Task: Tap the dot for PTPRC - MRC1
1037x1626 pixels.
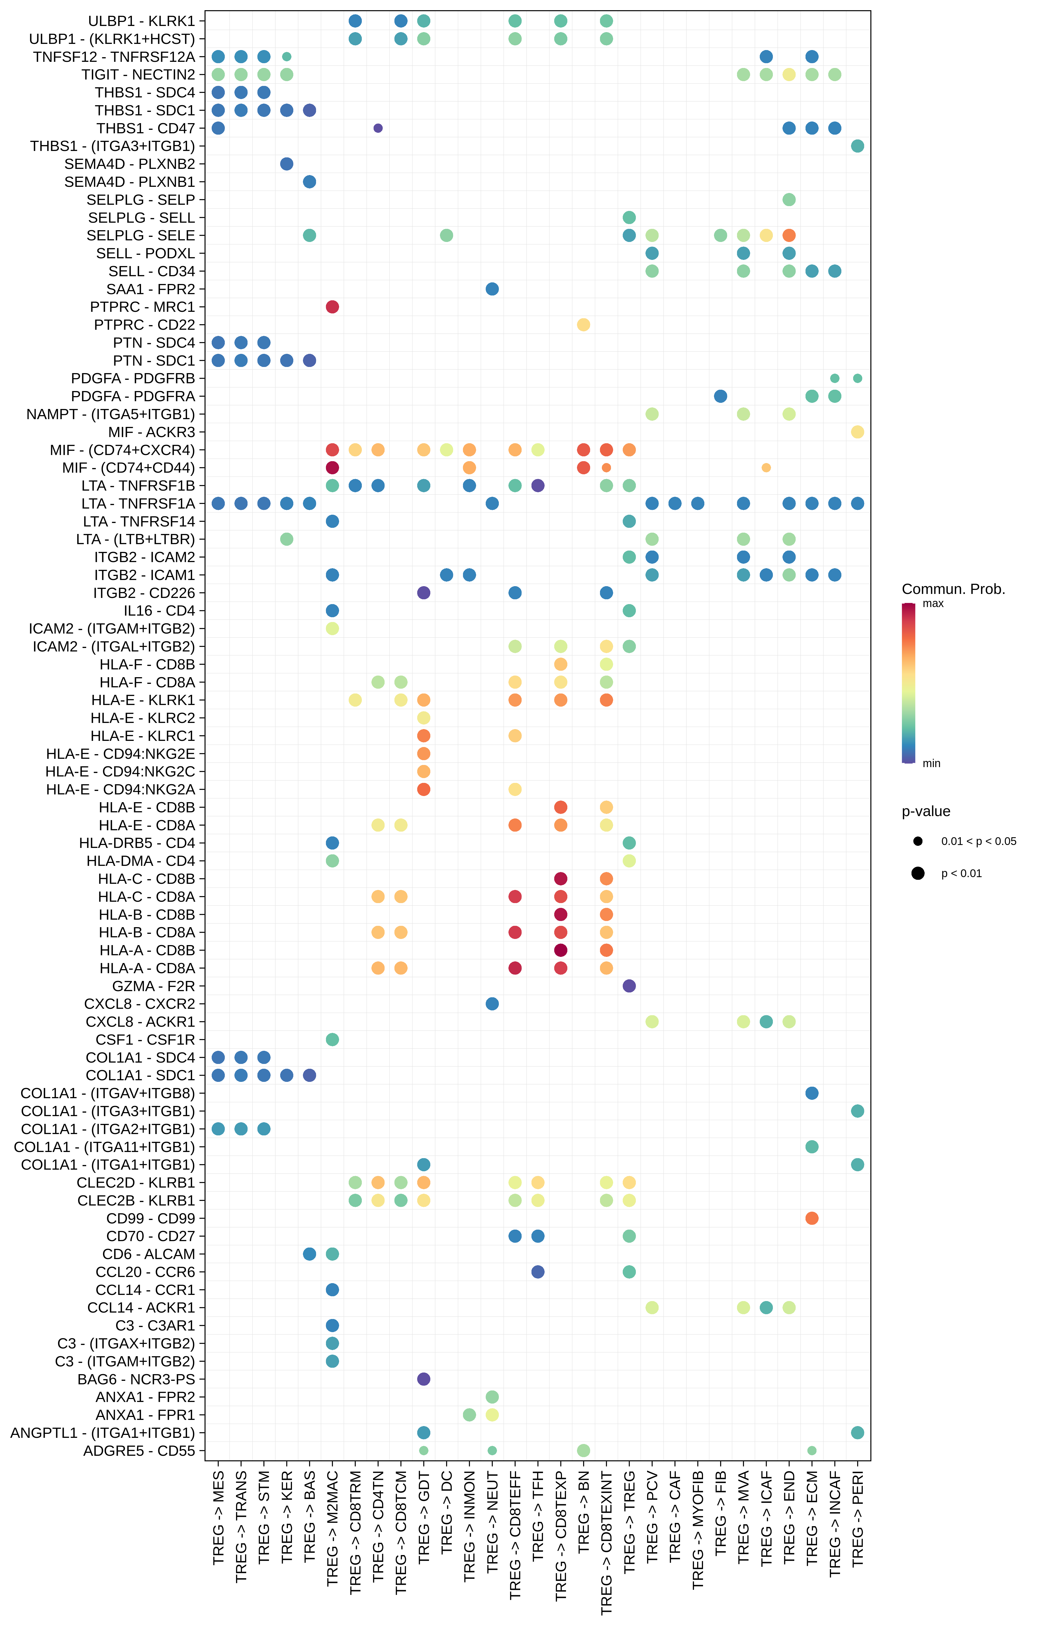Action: [332, 306]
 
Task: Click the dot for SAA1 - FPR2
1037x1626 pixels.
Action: [492, 289]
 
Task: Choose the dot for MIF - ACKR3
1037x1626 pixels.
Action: [857, 432]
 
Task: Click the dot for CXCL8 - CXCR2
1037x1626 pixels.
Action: [492, 1004]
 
